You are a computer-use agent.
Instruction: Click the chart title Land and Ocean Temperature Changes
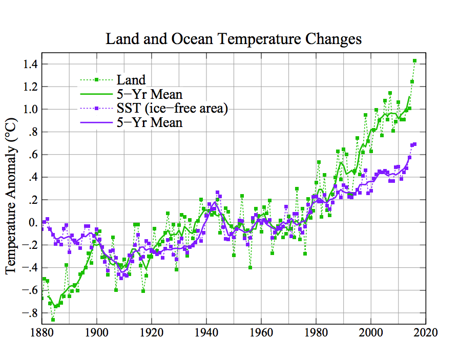click(x=233, y=39)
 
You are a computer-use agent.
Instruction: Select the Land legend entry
click(x=131, y=80)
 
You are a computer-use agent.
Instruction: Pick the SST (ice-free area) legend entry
click(x=172, y=109)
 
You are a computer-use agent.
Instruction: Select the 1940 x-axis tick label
click(x=206, y=333)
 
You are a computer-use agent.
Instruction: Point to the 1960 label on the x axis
click(x=261, y=333)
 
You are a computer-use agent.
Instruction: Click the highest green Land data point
click(x=414, y=61)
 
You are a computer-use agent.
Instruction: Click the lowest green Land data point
click(x=53, y=320)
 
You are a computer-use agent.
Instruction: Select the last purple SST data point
click(x=414, y=144)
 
